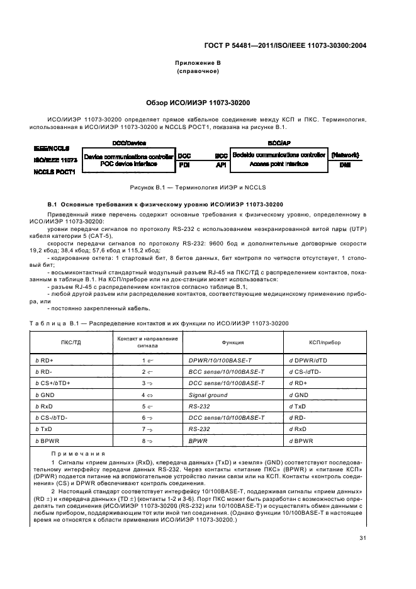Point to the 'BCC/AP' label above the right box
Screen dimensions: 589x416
[x=279, y=143]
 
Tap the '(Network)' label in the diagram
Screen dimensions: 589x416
[x=345, y=154]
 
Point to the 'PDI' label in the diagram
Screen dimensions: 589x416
[x=184, y=164]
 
